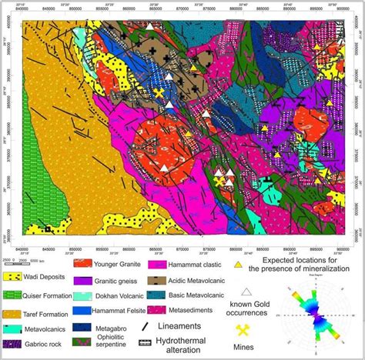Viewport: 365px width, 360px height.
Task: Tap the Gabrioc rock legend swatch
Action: click(x=14, y=344)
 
